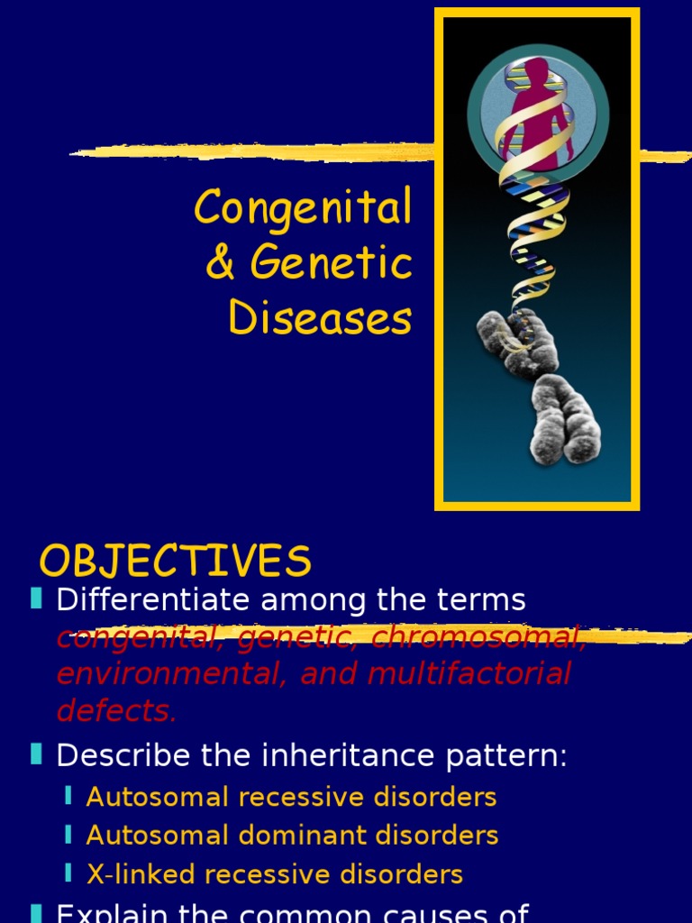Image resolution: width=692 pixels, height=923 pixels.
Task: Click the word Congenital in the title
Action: pyautogui.click(x=303, y=208)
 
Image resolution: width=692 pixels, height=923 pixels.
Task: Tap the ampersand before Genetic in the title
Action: pyautogui.click(x=219, y=264)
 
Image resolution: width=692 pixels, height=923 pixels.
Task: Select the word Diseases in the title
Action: pyautogui.click(x=321, y=318)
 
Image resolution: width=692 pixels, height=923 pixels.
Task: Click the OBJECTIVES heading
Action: pyautogui.click(x=176, y=562)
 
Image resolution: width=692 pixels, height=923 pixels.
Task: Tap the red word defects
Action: pyautogui.click(x=116, y=710)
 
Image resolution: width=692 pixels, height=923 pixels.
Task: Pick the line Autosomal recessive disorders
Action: pyautogui.click(x=291, y=797)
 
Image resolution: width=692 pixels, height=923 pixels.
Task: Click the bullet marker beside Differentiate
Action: pyautogui.click(x=36, y=599)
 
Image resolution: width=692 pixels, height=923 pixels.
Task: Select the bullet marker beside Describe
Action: pyautogui.click(x=36, y=754)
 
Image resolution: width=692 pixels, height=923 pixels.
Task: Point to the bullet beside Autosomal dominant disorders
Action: pyautogui.click(x=68, y=835)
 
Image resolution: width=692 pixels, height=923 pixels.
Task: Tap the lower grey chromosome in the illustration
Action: pyautogui.click(x=565, y=419)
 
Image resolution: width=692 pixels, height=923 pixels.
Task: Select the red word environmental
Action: pyautogui.click(x=168, y=673)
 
